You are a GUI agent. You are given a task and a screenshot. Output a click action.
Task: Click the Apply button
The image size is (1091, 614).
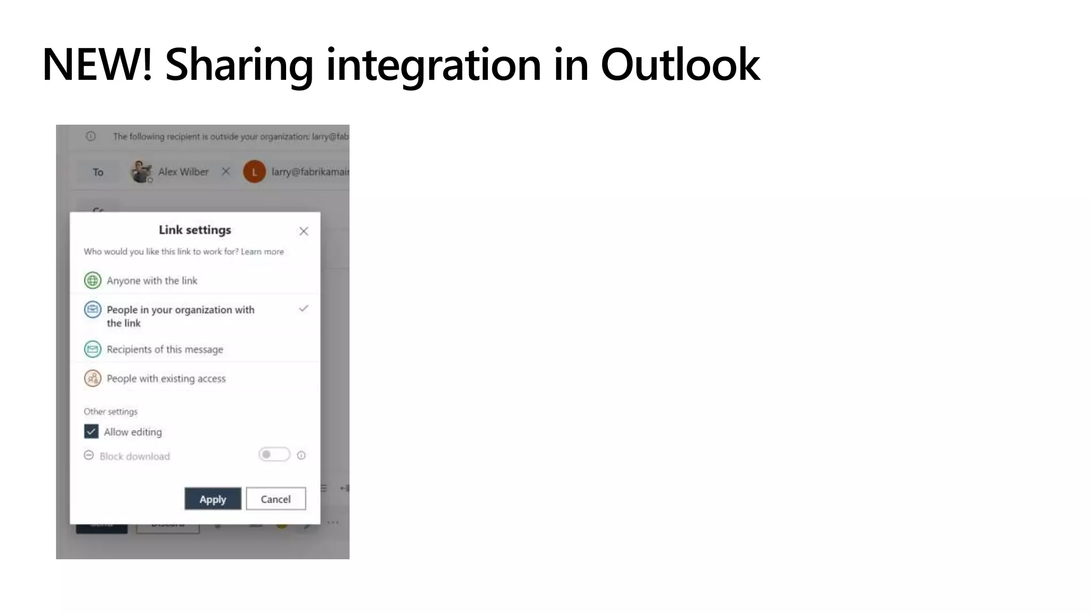click(x=213, y=499)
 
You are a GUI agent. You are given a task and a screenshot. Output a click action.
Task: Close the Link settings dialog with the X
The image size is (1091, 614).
click(x=304, y=231)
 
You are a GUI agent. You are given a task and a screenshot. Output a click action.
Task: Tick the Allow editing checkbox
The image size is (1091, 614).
click(x=91, y=431)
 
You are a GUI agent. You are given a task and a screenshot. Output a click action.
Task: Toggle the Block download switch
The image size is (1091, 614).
click(x=274, y=455)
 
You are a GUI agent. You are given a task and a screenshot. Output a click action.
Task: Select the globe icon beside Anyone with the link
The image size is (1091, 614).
click(x=93, y=280)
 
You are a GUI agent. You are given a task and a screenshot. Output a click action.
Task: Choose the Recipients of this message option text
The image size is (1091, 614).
click(x=165, y=350)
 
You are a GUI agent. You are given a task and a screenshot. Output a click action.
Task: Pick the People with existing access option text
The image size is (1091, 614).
click(x=166, y=378)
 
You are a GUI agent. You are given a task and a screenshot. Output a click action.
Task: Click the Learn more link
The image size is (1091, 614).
click(x=262, y=252)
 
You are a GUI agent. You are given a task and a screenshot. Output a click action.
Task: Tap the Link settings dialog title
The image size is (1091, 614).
click(x=195, y=230)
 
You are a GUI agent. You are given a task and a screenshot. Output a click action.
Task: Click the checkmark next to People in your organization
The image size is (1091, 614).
click(x=304, y=309)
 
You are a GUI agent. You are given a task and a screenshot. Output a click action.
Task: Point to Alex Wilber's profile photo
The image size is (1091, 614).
click(x=141, y=172)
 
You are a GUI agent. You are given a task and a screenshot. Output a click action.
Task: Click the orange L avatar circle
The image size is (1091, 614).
click(x=255, y=172)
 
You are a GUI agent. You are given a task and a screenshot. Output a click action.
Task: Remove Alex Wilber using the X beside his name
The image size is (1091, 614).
click(x=226, y=172)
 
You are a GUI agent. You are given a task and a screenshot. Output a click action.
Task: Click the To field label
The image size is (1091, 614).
click(x=98, y=172)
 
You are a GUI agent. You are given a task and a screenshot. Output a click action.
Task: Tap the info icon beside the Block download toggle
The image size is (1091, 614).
click(x=302, y=455)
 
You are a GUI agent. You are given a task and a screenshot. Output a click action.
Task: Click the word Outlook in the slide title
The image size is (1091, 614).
click(x=680, y=64)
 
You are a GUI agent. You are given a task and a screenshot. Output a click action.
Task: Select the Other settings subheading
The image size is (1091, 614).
click(x=110, y=411)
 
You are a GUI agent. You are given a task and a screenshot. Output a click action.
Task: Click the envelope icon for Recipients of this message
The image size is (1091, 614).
click(x=93, y=349)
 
